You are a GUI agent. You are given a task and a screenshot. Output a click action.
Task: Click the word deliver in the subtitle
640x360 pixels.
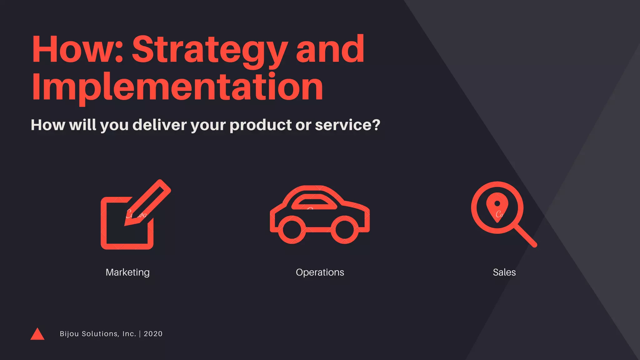(x=159, y=125)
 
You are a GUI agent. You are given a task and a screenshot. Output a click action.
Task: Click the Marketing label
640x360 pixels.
(x=127, y=272)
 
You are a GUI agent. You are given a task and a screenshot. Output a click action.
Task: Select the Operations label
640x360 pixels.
(x=320, y=272)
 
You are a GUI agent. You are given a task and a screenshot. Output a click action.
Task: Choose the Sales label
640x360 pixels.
(x=504, y=272)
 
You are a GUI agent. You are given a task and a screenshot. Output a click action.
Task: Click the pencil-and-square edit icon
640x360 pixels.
(x=131, y=219)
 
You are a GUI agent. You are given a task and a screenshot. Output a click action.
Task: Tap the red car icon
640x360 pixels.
(x=320, y=216)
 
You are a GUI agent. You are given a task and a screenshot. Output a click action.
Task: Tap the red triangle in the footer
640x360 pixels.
(x=37, y=335)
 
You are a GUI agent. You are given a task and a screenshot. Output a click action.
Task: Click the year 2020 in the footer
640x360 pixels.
(x=153, y=334)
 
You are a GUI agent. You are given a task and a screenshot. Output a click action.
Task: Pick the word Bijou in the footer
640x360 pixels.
(x=69, y=334)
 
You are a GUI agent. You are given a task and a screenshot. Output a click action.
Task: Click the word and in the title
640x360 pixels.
(x=330, y=50)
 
